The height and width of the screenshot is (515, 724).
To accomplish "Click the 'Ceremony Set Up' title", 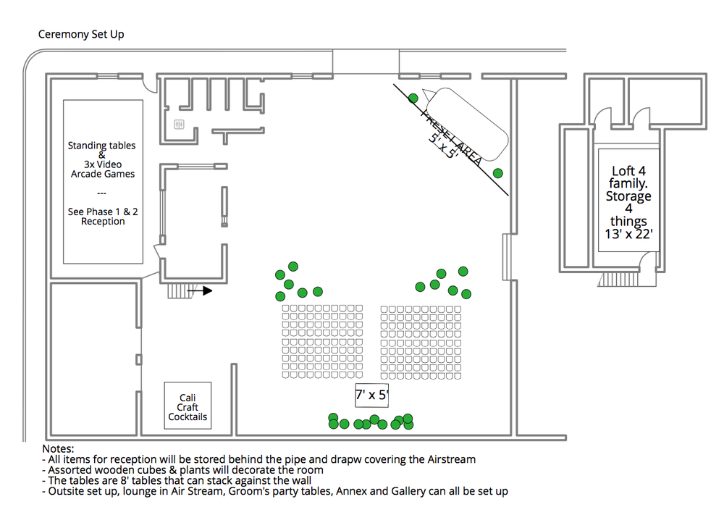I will (x=80, y=35).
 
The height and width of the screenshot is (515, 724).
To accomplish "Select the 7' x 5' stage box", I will (x=372, y=395).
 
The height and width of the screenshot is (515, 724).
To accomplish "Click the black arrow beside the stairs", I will (x=200, y=291).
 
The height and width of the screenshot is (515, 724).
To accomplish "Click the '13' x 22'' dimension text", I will (x=628, y=234).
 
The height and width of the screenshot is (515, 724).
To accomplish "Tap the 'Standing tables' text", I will (x=101, y=146).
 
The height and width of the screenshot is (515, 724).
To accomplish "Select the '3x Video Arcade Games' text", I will (x=102, y=169).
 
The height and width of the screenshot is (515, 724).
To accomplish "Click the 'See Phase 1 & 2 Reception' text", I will (x=102, y=216).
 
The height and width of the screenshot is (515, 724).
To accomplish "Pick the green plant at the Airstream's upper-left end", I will (x=413, y=98).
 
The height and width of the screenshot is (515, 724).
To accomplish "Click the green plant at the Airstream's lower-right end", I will (x=498, y=172).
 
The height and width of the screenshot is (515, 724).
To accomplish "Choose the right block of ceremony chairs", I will (x=421, y=341).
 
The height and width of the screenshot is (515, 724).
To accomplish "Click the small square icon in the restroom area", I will (x=180, y=125).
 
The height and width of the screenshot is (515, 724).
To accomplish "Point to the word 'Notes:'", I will (x=59, y=449).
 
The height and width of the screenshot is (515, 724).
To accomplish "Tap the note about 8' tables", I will (x=177, y=480).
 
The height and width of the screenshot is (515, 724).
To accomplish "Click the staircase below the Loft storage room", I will (x=620, y=280).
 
